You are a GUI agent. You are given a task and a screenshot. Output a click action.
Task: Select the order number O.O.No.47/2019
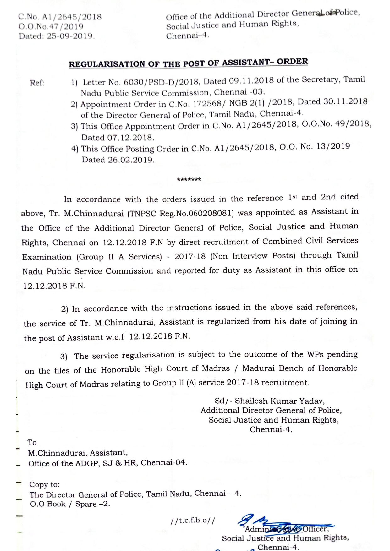pyautogui.click(x=51, y=26)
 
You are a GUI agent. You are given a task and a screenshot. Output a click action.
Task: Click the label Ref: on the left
pyautogui.click(x=37, y=83)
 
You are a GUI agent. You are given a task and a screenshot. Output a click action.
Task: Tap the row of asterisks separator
pyautogui.click(x=189, y=180)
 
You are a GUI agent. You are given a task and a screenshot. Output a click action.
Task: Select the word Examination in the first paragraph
pyautogui.click(x=47, y=257)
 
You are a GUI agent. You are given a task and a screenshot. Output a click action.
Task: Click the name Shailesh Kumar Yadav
pyautogui.click(x=280, y=401)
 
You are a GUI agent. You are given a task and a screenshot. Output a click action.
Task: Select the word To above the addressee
pyautogui.click(x=32, y=442)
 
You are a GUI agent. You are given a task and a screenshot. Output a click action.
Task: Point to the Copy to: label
pyautogui.click(x=44, y=484)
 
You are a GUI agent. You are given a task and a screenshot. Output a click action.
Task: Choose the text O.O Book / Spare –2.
pyautogui.click(x=70, y=504)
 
